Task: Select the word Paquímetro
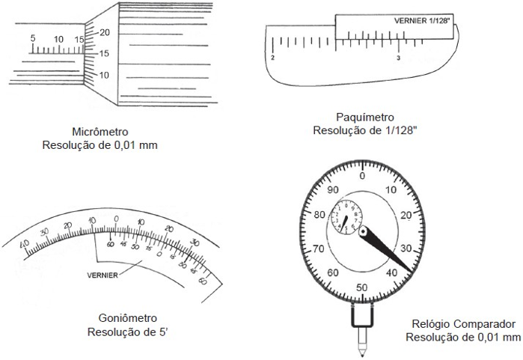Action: [364, 117]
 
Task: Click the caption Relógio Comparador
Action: [463, 325]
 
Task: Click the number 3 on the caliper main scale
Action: [398, 58]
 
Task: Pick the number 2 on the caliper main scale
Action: [272, 58]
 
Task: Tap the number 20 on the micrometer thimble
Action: [105, 32]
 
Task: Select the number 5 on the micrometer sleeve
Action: [32, 38]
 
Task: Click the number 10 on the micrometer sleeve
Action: [58, 38]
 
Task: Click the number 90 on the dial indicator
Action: [334, 189]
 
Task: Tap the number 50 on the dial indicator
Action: [362, 287]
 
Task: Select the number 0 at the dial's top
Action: [362, 176]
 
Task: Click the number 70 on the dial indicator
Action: [319, 248]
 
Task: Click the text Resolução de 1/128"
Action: [364, 130]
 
